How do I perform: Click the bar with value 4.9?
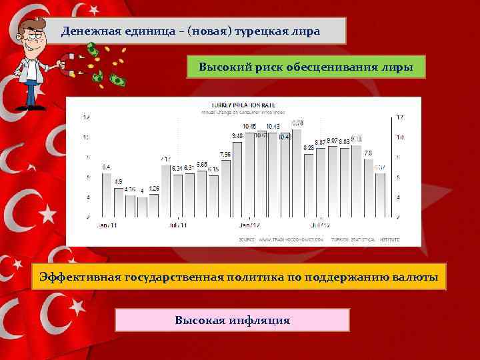click(119, 202)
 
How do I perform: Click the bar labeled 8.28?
click(309, 186)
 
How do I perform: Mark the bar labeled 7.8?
click(368, 189)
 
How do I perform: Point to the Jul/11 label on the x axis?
click(178, 225)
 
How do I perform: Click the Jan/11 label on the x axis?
click(107, 225)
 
